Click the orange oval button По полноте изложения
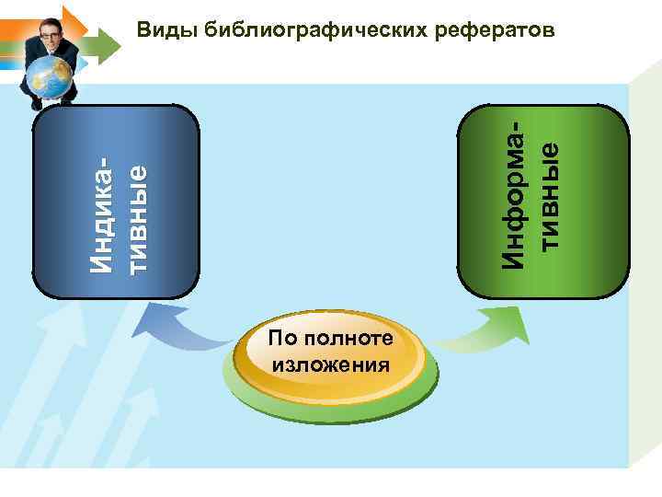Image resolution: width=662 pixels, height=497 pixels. [x=331, y=353]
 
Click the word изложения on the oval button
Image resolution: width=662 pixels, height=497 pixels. [x=331, y=364]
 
